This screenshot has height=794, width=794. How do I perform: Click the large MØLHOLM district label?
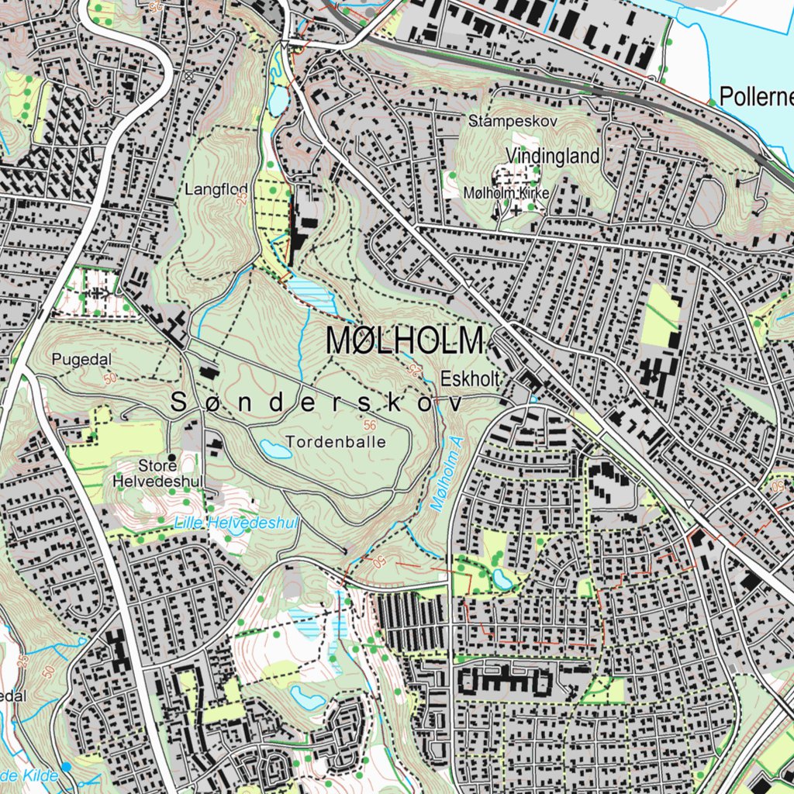coord(405,341)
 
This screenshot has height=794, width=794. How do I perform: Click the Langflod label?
coord(205,189)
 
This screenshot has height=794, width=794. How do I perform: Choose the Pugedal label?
coord(82,359)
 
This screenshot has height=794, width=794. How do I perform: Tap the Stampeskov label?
coord(513,121)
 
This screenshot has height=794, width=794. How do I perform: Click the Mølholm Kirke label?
coord(506,192)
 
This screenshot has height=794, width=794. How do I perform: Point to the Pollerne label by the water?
coord(756,97)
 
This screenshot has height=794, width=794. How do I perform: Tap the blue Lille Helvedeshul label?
coord(236,523)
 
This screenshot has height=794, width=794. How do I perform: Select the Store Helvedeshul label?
coord(158,473)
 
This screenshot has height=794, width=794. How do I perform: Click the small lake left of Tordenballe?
coord(275,448)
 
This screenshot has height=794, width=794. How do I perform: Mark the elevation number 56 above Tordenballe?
coord(368,425)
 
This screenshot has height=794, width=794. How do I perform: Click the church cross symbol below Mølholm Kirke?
coord(516,209)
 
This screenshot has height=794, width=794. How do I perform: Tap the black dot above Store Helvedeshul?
coord(171,457)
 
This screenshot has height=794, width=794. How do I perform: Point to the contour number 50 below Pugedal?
coord(108,378)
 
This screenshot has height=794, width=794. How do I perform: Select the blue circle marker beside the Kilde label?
coord(66,766)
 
